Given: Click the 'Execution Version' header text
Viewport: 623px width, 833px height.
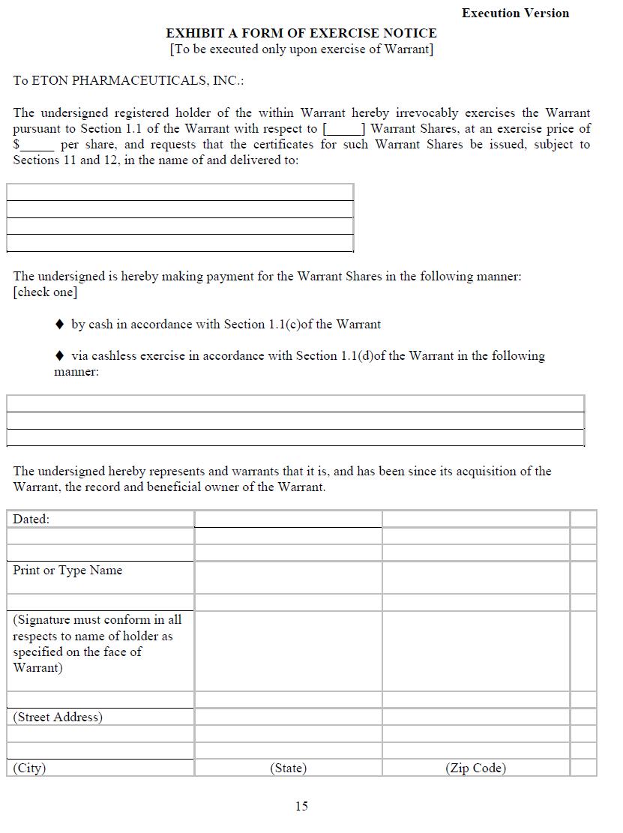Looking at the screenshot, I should [x=515, y=13].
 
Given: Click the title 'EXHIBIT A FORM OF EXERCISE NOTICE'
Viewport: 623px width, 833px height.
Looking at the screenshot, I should [x=301, y=33].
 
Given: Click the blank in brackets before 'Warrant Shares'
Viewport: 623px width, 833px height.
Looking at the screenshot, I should [x=343, y=129].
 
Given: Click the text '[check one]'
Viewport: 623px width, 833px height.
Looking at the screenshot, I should [x=45, y=292].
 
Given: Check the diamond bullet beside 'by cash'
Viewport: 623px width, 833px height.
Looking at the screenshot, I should [x=60, y=325].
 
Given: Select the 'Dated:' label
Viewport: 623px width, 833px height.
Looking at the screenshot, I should [x=31, y=519].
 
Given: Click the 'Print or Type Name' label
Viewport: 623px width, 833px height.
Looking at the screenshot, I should [x=67, y=570].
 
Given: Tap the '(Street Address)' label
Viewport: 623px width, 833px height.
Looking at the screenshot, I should [x=58, y=717].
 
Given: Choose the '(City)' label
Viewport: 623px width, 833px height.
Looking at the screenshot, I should [x=29, y=768].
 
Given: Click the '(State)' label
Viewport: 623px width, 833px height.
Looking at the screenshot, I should [x=289, y=768].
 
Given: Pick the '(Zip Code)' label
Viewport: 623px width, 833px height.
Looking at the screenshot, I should [x=475, y=768].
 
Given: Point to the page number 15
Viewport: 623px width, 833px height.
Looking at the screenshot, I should [x=301, y=806].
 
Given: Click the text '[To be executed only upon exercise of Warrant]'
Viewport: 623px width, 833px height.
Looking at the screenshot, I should [x=301, y=49].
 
